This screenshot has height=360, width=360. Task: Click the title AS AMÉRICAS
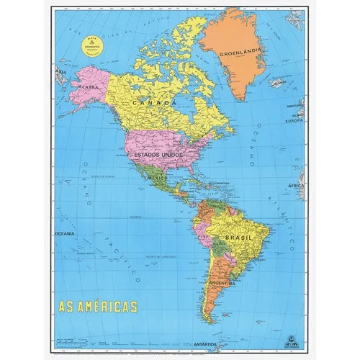(x=96, y=307)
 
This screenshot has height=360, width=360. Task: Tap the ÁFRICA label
(x=297, y=186)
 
